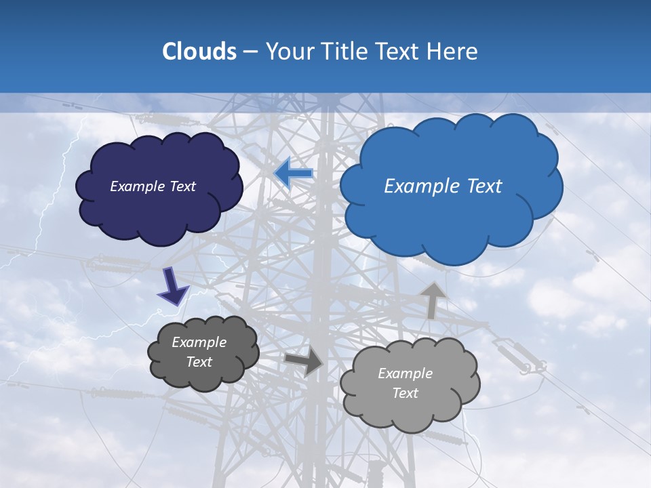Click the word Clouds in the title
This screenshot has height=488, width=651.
tap(199, 52)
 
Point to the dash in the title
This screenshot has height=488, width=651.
tap(250, 52)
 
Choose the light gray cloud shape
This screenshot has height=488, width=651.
tap(410, 410)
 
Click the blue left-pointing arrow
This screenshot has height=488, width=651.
tap(294, 174)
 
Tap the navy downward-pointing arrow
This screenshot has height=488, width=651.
tap(172, 286)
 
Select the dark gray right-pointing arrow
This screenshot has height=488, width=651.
tap(304, 361)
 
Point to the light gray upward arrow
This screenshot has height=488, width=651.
tap(433, 299)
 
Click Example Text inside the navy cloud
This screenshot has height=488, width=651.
tap(153, 186)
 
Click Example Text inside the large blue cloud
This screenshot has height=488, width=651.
tap(443, 186)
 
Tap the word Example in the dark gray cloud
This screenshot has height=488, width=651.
tap(199, 342)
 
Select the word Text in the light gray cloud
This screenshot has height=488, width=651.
tap(405, 393)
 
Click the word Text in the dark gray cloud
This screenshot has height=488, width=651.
tap(199, 362)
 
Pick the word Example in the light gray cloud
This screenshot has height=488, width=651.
tap(405, 373)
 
